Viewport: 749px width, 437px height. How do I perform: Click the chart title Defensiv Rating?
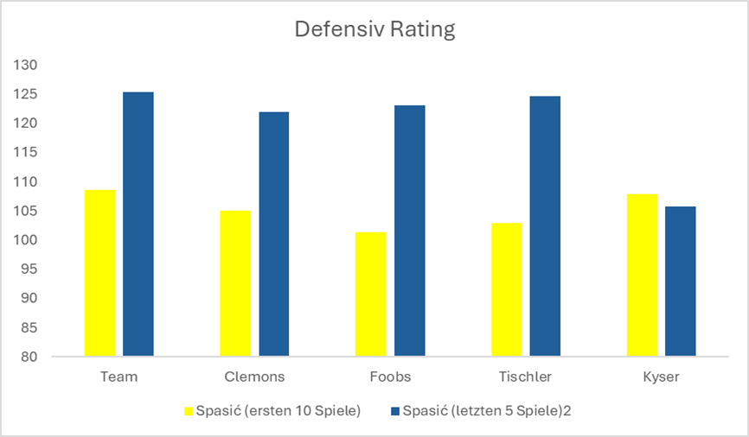(x=374, y=29)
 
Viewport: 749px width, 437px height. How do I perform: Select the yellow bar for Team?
(x=100, y=273)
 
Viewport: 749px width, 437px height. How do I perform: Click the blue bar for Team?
(x=138, y=225)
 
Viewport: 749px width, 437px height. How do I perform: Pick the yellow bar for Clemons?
(x=235, y=283)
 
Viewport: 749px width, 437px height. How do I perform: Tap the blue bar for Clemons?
(x=274, y=234)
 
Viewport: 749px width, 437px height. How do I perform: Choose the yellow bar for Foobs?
(x=371, y=294)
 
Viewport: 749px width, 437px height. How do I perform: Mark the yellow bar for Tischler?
(x=506, y=289)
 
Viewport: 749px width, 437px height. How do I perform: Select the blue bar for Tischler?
(x=545, y=226)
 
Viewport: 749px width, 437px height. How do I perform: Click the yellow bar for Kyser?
(x=642, y=275)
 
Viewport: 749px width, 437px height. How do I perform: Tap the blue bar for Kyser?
(x=681, y=282)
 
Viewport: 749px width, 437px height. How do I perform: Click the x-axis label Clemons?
(x=254, y=377)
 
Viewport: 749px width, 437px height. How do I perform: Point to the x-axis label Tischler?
(x=525, y=377)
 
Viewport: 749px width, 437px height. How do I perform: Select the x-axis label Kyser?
(x=661, y=377)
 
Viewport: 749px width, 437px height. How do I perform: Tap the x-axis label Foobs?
(x=389, y=377)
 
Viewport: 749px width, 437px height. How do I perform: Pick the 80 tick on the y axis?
(x=30, y=356)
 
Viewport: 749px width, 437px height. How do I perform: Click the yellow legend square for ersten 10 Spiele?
(x=189, y=411)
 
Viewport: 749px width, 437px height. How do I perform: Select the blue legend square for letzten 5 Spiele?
(x=396, y=411)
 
